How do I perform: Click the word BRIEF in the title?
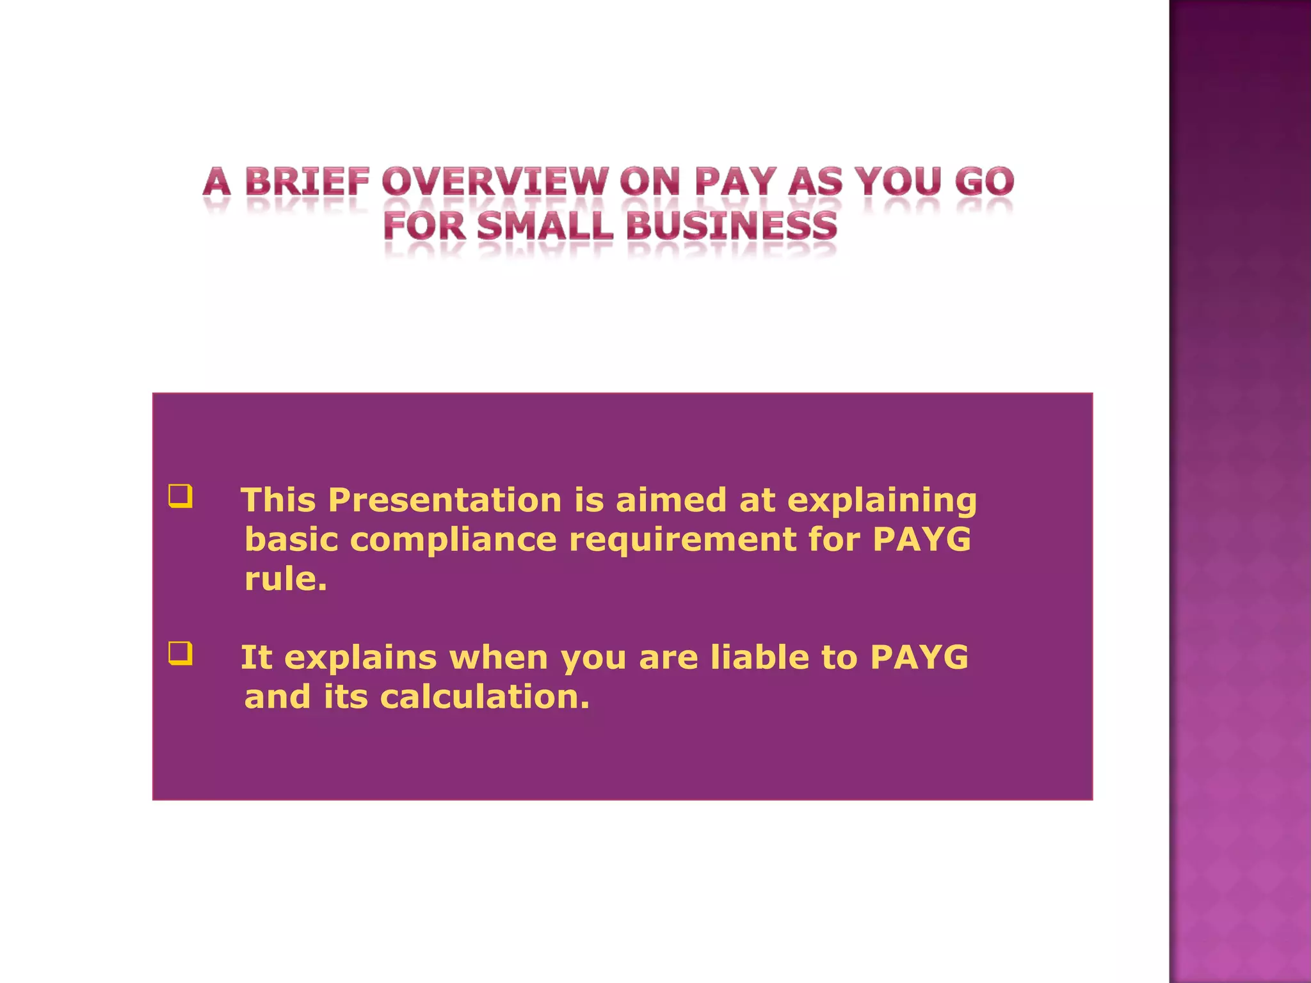tap(307, 182)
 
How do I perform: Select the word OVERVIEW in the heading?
tap(494, 182)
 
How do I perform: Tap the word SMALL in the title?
tap(545, 227)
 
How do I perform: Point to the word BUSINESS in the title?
tap(731, 227)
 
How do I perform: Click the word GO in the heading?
tap(984, 182)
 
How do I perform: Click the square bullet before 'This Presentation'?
tap(181, 496)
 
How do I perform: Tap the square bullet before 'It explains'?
tap(181, 653)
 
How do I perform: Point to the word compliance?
tap(453, 540)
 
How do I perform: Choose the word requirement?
tap(682, 540)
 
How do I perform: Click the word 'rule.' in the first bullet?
tap(286, 579)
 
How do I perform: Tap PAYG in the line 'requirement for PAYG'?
tap(922, 539)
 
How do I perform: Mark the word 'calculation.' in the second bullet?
tap(484, 697)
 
